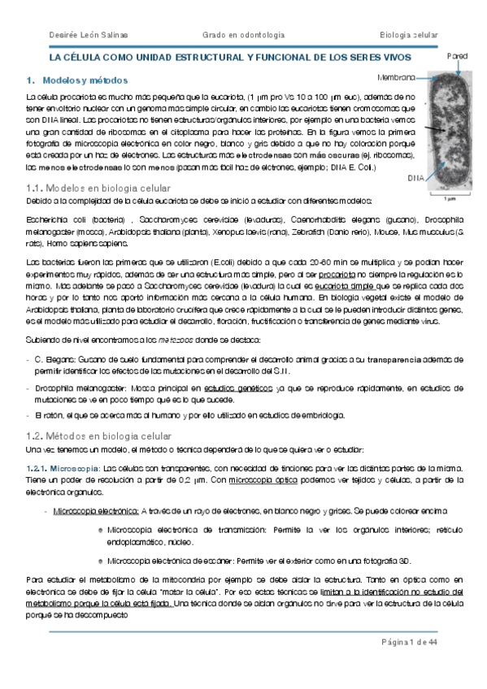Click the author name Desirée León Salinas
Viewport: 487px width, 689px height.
[x=82, y=33]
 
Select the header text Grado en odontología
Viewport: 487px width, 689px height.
[x=242, y=33]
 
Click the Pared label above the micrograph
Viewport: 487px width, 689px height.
[x=457, y=56]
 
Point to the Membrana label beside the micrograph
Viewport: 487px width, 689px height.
[x=395, y=77]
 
